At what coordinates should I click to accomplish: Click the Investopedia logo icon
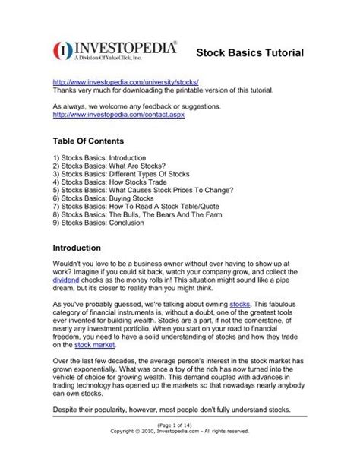[x=64, y=51]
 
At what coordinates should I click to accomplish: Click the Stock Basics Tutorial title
[x=250, y=53]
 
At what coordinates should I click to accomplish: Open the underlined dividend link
[x=67, y=280]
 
